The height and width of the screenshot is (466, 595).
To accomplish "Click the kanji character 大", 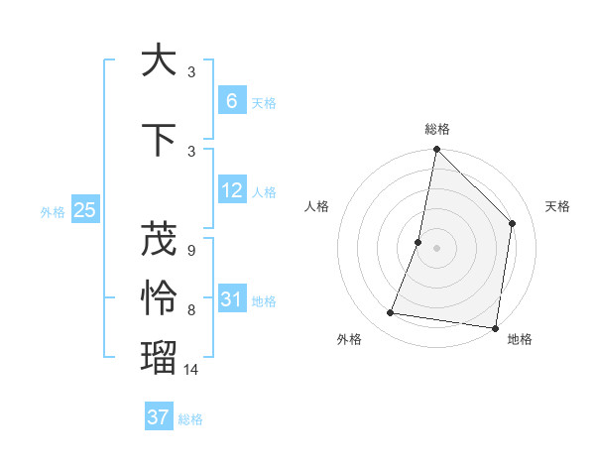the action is coord(159,60).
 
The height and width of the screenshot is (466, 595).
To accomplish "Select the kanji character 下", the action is coord(159,140).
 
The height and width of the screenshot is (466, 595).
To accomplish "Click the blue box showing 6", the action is coord(231,101).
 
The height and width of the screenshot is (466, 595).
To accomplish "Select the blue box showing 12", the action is coord(231,190).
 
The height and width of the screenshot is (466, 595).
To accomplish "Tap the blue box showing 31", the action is coord(231,299).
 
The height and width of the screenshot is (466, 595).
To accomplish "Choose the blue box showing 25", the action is coord(85,209).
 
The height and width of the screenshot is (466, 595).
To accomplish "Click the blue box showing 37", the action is coord(158,417).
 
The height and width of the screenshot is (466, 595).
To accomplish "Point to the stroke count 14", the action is coord(192,369).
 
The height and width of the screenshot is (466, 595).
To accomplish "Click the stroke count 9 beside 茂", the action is coord(190,251).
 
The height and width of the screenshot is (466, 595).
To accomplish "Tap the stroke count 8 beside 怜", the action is coord(190,310).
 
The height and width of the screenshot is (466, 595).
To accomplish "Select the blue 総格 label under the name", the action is coord(190,419).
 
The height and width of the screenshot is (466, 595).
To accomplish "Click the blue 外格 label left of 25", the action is coord(53,211).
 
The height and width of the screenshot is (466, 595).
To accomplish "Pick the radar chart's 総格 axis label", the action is coord(437,129).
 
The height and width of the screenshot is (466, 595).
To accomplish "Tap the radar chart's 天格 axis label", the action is coord(557,206).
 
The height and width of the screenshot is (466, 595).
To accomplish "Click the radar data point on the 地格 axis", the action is coord(495,328).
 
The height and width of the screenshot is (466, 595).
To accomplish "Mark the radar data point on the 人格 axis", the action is coord(418,242).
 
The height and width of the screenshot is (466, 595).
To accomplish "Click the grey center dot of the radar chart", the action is coord(436,248).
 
